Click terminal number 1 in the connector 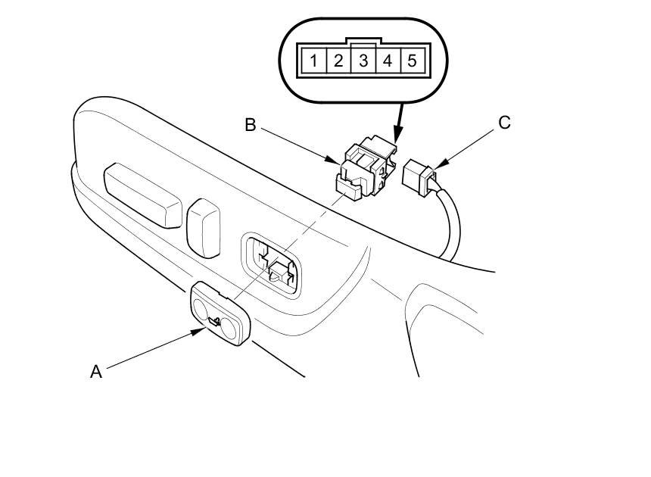pos(313,60)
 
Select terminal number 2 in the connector pos(338,60)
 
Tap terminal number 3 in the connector pos(363,60)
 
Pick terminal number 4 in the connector pos(388,60)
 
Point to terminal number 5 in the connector pos(412,60)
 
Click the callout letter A pos(96,372)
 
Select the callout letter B pos(251,125)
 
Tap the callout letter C pos(504,123)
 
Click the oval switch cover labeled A pos(220,312)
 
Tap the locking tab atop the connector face pos(363,43)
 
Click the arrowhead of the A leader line pos(202,331)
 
